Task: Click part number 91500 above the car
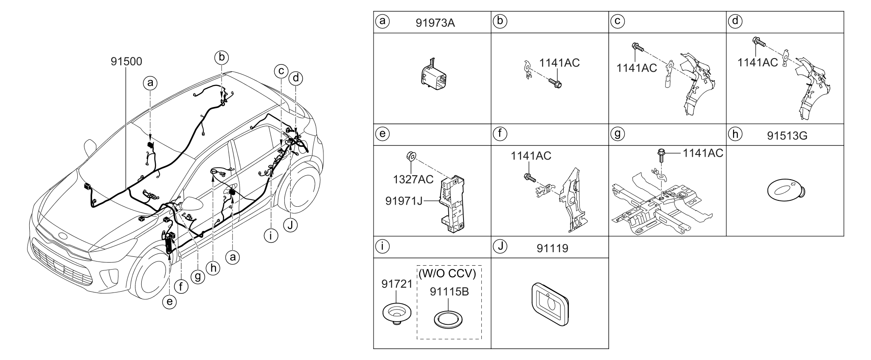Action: pyautogui.click(x=126, y=62)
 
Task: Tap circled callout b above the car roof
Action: pyautogui.click(x=221, y=57)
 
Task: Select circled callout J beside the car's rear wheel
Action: pyautogui.click(x=290, y=225)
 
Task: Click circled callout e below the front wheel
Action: pyautogui.click(x=169, y=301)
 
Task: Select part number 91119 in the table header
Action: pyautogui.click(x=551, y=248)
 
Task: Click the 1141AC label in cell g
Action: pyautogui.click(x=702, y=153)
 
